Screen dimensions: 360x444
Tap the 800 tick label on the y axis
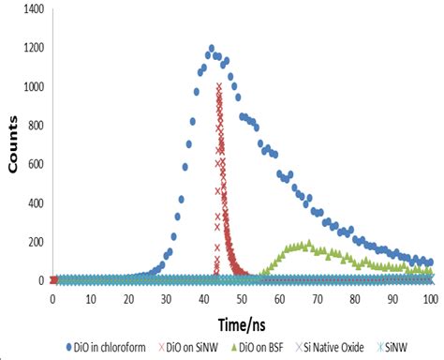click(34, 126)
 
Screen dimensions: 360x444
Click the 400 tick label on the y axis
click(34, 203)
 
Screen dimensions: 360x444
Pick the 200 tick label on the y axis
click(34, 242)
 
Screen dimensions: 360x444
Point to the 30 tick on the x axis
click(166, 299)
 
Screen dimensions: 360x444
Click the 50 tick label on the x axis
click(242, 299)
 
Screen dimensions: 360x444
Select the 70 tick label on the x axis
click(317, 299)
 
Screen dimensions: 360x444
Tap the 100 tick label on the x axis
click(430, 299)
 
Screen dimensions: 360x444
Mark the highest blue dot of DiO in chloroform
click(212, 48)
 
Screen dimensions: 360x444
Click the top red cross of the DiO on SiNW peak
click(219, 86)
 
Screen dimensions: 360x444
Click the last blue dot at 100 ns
click(429, 262)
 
